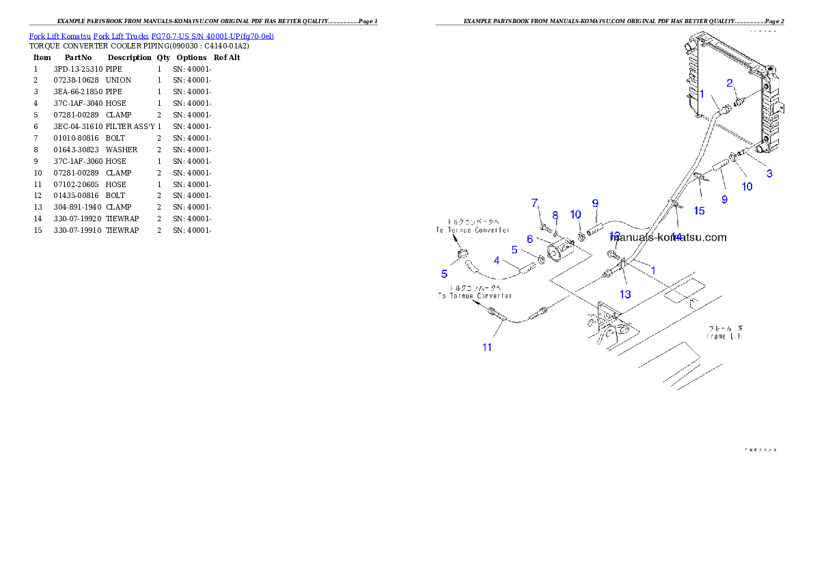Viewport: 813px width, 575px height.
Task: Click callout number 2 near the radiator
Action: click(x=730, y=83)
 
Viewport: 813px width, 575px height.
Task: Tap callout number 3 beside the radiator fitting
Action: click(x=769, y=173)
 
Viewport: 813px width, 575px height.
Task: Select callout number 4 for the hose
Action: click(x=498, y=260)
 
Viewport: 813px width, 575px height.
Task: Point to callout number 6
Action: click(x=529, y=239)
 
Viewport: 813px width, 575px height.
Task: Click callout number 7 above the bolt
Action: click(x=535, y=202)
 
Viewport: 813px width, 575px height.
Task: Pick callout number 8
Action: click(x=555, y=216)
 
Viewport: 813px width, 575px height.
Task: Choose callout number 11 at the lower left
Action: click(x=487, y=347)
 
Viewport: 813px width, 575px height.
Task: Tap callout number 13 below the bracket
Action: click(x=625, y=294)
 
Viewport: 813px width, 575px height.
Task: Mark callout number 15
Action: click(x=699, y=211)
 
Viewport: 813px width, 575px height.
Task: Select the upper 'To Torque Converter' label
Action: click(x=473, y=226)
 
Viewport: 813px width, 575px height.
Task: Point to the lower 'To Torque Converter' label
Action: click(x=475, y=292)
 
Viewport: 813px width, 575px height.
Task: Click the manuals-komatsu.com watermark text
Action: click(x=668, y=238)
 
